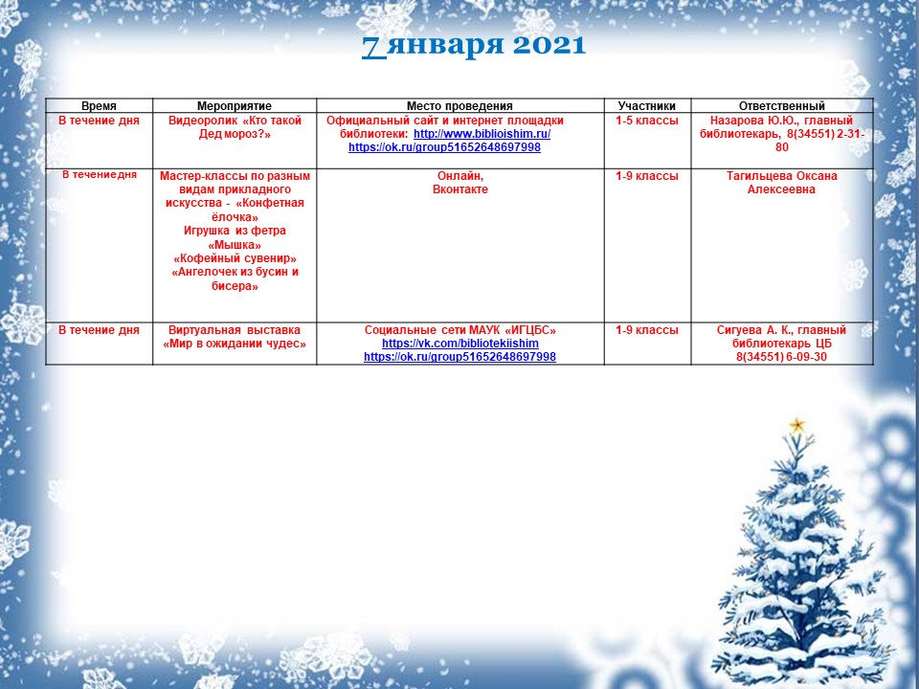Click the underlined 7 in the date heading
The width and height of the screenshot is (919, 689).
374,46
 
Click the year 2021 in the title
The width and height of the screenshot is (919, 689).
549,45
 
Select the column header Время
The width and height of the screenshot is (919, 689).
99,106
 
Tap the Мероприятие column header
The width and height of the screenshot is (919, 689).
235,106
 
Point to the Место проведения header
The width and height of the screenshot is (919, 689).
460,106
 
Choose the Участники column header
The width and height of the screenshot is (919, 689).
647,106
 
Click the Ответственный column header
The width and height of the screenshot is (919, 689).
782,106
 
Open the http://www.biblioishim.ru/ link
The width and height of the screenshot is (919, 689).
482,134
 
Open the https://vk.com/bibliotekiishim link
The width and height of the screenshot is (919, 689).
460,344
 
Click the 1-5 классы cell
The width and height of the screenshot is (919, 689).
647,121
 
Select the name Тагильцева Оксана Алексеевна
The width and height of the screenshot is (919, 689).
782,182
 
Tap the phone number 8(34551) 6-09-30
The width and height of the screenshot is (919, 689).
782,357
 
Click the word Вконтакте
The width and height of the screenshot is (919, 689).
460,189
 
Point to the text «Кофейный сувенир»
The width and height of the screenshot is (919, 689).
235,258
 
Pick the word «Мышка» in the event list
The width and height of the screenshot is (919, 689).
235,244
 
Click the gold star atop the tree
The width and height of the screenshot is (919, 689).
797,425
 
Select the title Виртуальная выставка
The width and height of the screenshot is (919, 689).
235,330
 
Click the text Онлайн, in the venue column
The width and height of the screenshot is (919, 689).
460,176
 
